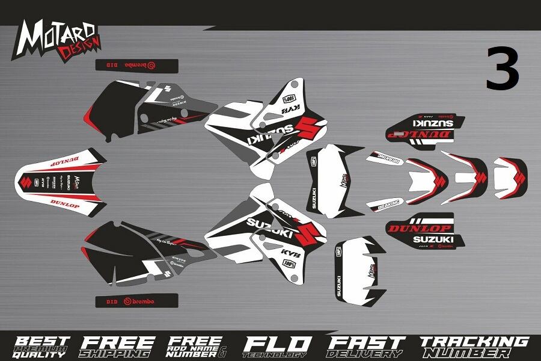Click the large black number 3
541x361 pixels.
tap(503, 68)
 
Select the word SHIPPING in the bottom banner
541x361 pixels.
tap(118, 353)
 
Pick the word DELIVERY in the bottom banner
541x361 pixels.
tap(365, 353)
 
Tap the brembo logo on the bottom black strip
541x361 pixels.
tap(139, 300)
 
